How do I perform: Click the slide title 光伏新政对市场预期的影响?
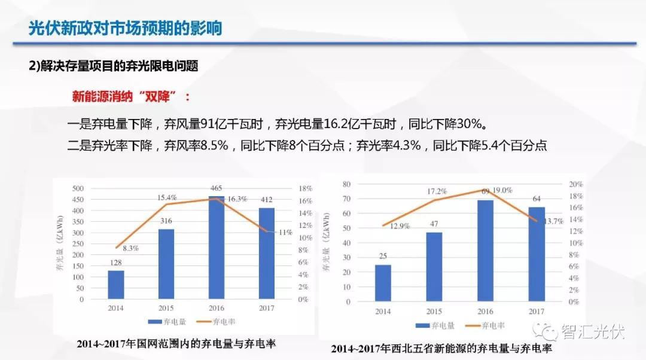pyautogui.click(x=125, y=28)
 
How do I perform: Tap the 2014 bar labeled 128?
pyautogui.click(x=116, y=285)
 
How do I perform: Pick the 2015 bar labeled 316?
pyautogui.click(x=166, y=264)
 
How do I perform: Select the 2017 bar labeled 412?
pyautogui.click(x=266, y=253)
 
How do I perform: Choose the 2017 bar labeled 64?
pyautogui.click(x=537, y=254)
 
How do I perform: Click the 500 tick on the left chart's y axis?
pyautogui.click(x=78, y=188)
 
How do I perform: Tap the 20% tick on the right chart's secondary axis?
pyautogui.click(x=575, y=184)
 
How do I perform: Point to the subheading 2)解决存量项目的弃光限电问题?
pyautogui.click(x=113, y=66)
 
